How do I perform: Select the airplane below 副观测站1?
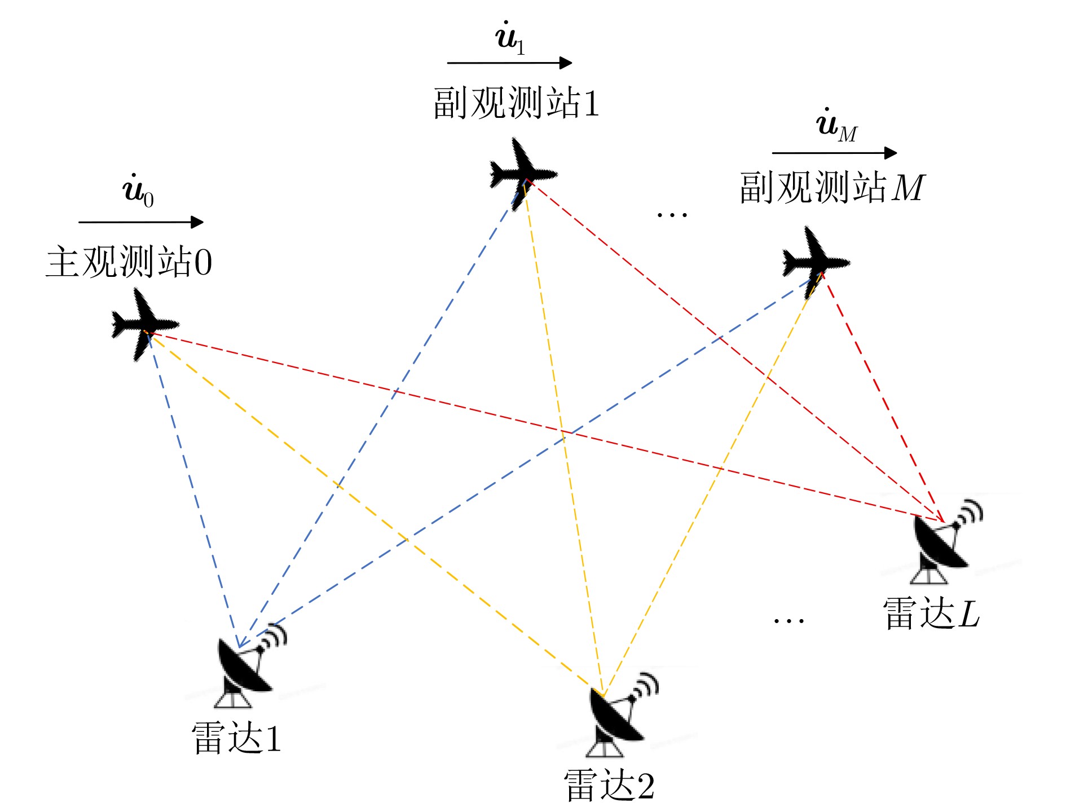click(522, 174)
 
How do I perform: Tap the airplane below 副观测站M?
click(815, 262)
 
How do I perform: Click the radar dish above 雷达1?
click(248, 665)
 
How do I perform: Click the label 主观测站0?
click(129, 262)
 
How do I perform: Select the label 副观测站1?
click(516, 103)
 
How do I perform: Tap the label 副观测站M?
click(832, 187)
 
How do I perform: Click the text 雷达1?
click(236, 738)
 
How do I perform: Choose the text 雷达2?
click(609, 785)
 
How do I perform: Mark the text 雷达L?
click(931, 613)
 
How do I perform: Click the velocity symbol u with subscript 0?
click(138, 190)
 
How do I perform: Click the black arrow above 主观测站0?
click(141, 222)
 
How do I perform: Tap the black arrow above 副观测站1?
click(510, 63)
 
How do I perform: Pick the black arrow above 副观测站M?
click(835, 153)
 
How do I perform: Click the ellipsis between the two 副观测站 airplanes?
click(672, 215)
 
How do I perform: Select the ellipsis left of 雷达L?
click(789, 621)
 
